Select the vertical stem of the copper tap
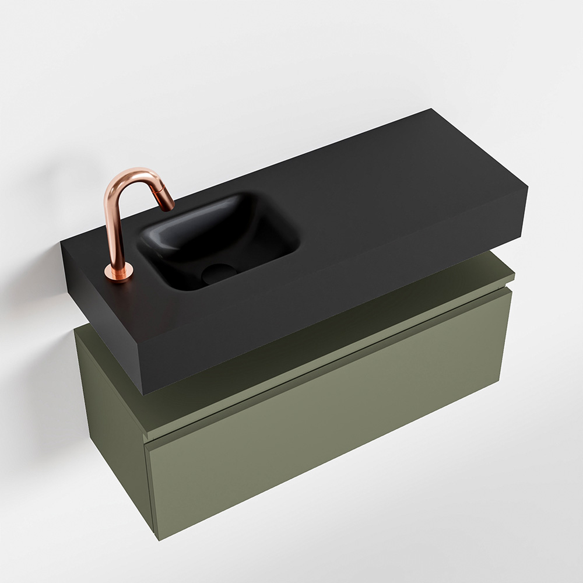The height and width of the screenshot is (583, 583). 113,227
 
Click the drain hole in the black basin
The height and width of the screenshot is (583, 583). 219,271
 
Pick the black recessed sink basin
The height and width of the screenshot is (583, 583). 222,239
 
